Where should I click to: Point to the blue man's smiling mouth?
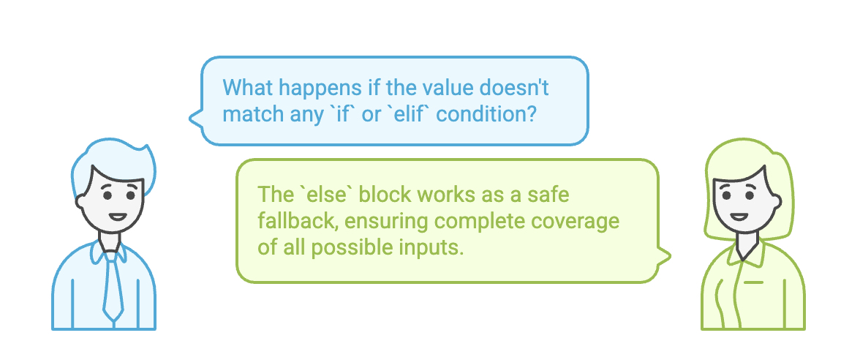117,217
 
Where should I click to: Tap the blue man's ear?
80,200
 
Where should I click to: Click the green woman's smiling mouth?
739,217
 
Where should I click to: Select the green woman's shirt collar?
744,252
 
